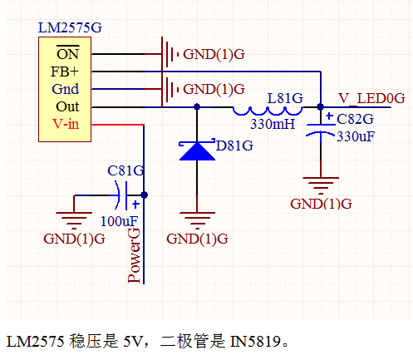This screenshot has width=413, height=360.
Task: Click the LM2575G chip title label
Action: tap(70, 27)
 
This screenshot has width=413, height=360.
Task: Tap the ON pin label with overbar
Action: tap(68, 53)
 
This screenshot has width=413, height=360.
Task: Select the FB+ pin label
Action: tap(65, 72)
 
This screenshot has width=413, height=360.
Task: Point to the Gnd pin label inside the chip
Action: tap(66, 89)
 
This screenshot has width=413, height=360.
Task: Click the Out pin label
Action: tap(67, 106)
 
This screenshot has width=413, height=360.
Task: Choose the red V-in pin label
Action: tap(66, 124)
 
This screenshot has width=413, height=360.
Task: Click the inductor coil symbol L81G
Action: tap(268, 111)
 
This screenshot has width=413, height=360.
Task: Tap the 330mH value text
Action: tap(273, 124)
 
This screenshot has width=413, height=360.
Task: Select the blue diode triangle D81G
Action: tap(197, 151)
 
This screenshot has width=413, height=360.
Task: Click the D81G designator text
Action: tap(234, 145)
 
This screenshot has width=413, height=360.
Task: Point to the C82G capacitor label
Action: tap(355, 120)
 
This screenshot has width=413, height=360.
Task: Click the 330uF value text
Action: tap(356, 136)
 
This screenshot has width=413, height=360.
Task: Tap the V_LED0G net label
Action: tap(371, 98)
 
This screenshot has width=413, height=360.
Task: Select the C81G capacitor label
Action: tap(125, 170)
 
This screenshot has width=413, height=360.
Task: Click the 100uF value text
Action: tap(119, 221)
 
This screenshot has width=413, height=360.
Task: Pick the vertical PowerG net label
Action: tap(134, 255)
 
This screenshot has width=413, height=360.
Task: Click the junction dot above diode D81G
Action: tap(197, 106)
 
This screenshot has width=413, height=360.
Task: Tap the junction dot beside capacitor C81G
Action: tap(144, 195)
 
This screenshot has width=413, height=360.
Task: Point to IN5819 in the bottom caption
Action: tap(255, 342)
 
